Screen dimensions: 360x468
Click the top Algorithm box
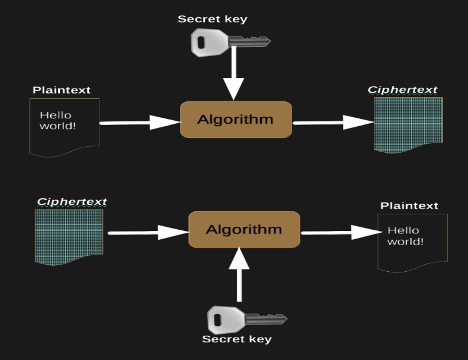[236, 120]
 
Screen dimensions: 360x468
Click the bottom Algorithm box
[244, 230]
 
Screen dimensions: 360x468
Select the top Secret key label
[213, 19]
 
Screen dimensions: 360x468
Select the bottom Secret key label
[236, 339]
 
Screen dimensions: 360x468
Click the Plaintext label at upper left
[62, 90]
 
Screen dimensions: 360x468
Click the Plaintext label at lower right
[409, 205]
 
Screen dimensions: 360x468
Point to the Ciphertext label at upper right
[402, 90]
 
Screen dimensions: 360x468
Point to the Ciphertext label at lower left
[72, 201]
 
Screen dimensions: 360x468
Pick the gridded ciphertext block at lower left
[69, 236]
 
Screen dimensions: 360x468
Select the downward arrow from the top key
[234, 73]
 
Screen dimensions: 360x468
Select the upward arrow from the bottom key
[240, 275]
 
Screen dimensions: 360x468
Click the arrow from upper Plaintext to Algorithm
[140, 123]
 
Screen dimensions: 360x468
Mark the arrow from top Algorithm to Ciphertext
[333, 123]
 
